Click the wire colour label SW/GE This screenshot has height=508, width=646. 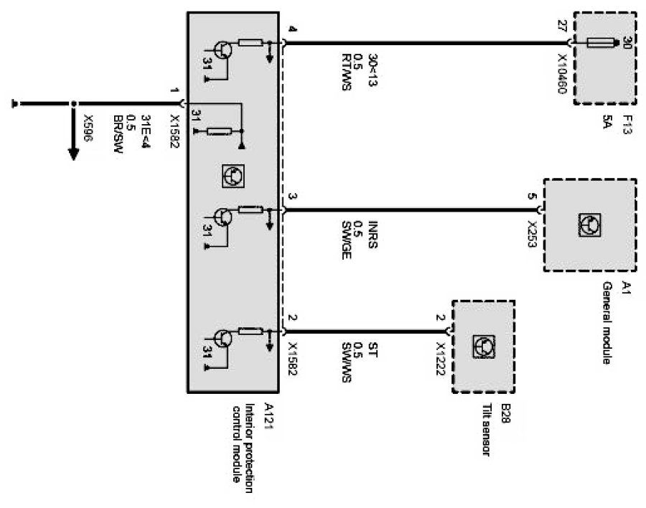[346, 240]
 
